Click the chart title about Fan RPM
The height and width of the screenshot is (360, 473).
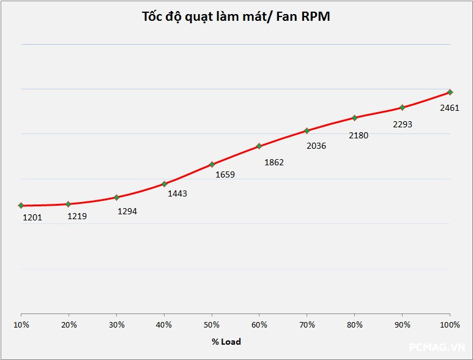click(236, 17)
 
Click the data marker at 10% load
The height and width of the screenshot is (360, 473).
click(21, 205)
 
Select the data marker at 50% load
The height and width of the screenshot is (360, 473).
click(212, 164)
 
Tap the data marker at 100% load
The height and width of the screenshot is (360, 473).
click(450, 92)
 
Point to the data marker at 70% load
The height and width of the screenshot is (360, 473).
click(307, 130)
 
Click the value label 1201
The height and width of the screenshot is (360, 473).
click(32, 217)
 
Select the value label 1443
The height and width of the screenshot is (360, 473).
click(177, 193)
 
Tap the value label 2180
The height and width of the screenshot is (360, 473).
click(359, 135)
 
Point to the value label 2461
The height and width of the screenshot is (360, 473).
click(450, 108)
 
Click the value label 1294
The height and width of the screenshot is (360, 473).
click(127, 211)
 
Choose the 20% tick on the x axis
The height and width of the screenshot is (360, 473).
click(69, 324)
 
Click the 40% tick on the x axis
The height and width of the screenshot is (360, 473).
click(164, 324)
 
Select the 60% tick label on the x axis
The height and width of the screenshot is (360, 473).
click(259, 324)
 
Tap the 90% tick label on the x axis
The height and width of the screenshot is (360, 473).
click(402, 324)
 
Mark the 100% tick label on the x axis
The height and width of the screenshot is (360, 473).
click(450, 324)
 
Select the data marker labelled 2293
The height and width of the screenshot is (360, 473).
click(402, 108)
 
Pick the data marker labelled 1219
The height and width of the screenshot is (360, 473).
click(69, 204)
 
